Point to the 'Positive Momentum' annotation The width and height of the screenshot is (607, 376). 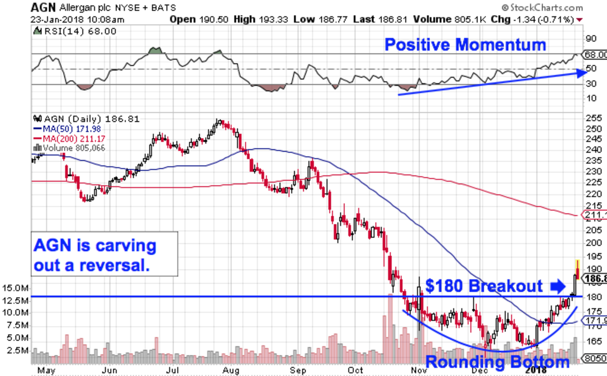coord(465,44)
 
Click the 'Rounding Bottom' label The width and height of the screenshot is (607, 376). coord(497,362)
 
